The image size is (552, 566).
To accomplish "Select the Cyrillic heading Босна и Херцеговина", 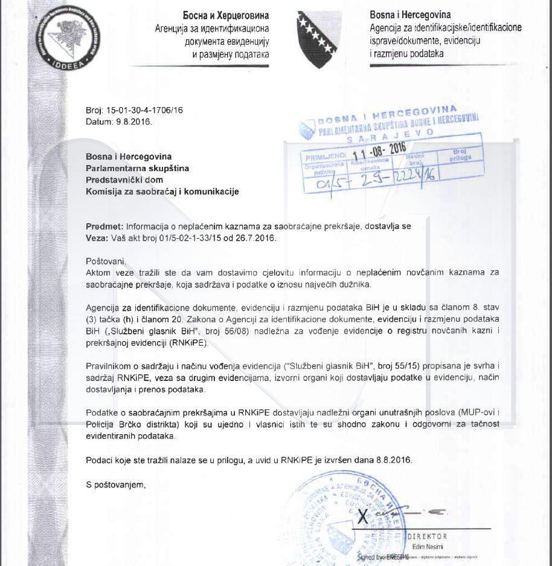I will pos(226,15).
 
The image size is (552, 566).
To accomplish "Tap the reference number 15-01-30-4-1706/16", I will pos(144,111).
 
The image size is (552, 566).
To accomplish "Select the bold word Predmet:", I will pos(104,226).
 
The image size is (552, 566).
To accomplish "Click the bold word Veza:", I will pos(97,238).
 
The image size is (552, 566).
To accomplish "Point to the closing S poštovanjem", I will pos(116,484).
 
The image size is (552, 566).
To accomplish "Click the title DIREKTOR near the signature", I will pos(428,536).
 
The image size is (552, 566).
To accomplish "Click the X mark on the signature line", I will pos(364,517).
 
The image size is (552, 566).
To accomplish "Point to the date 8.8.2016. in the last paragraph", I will pos(392,460).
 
